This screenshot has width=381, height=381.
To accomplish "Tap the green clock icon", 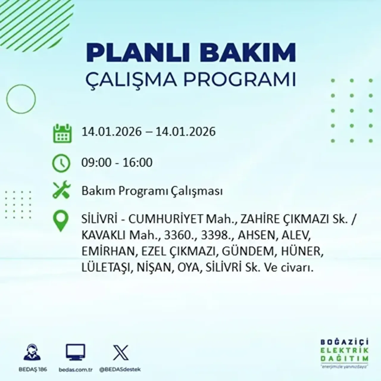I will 61,163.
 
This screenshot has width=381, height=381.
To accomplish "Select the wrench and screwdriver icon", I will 61,190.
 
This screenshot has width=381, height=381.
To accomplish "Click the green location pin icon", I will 60,221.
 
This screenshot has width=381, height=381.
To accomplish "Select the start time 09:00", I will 95,163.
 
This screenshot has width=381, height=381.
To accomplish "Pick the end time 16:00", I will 138,163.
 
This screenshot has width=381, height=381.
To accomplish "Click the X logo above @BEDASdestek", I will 121,353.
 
